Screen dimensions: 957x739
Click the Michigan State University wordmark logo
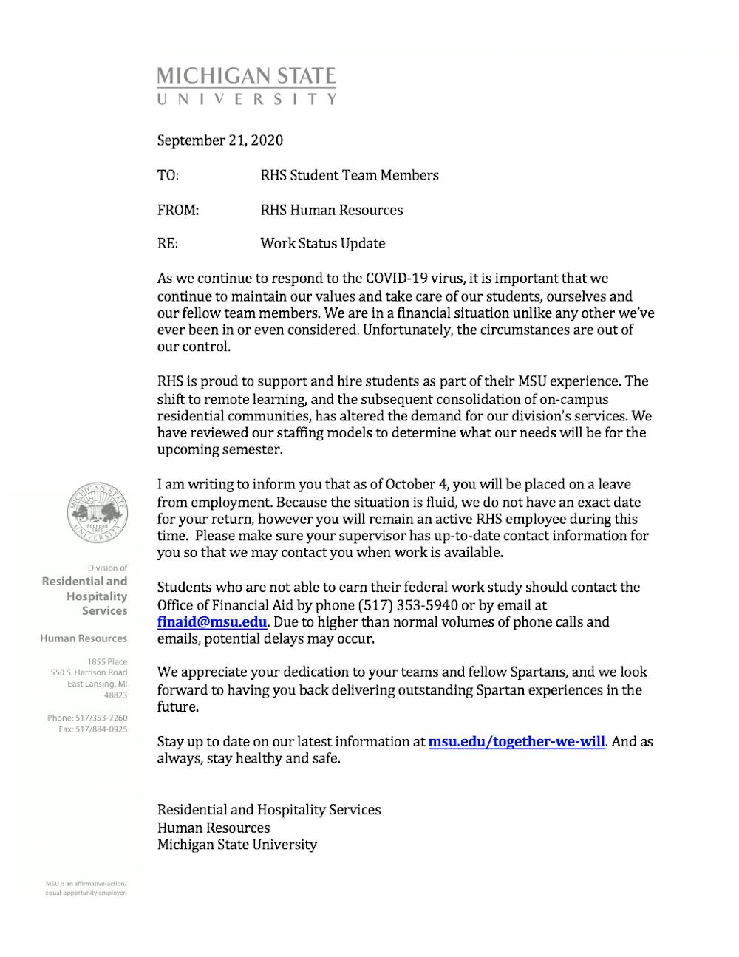coord(247,86)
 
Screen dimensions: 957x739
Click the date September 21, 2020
coord(219,140)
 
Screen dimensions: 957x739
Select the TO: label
coord(168,176)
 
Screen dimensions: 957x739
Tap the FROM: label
coord(178,211)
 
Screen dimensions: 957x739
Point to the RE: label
coord(167,244)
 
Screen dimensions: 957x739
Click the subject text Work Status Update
coord(322,244)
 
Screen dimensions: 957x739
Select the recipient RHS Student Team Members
coord(349,176)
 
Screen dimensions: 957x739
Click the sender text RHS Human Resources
coord(331,211)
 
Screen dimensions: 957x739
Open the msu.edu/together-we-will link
coord(517,741)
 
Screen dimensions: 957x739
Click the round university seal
coord(97,513)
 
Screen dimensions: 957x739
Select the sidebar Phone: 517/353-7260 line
coord(87,718)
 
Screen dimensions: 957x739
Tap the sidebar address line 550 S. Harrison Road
coord(89,673)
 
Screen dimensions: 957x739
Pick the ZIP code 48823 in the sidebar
coord(115,695)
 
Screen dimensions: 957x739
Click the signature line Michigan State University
coord(236,845)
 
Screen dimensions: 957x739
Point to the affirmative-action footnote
coord(86,888)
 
